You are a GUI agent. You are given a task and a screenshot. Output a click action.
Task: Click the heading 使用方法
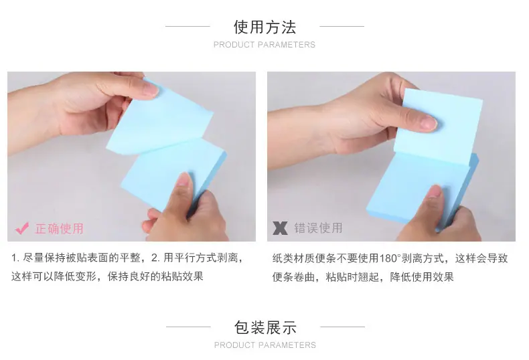tap(265, 27)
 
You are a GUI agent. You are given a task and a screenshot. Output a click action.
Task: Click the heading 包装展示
tap(265, 327)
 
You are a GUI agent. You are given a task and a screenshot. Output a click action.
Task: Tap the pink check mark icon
tap(22, 229)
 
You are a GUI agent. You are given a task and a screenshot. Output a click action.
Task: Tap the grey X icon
tap(281, 228)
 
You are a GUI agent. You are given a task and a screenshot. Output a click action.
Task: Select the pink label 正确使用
tap(60, 229)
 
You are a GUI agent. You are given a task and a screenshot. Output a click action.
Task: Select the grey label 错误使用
tap(319, 228)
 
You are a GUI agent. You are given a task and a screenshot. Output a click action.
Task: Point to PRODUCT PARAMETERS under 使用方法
tap(264, 44)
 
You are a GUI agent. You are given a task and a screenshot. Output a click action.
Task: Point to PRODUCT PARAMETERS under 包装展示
tap(265, 345)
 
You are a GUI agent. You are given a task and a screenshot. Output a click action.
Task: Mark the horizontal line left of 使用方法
tap(187, 26)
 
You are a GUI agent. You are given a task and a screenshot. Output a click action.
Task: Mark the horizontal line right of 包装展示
tap(342, 327)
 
